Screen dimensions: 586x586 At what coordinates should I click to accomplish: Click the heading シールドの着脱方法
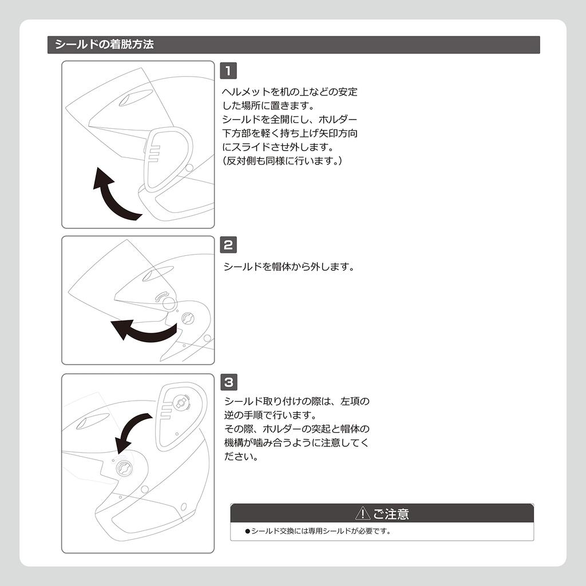coord(104,45)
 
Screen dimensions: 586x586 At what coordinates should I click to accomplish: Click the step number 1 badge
coord(228,71)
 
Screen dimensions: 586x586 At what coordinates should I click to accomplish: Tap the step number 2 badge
coord(228,245)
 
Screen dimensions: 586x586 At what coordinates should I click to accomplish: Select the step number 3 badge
coord(228,382)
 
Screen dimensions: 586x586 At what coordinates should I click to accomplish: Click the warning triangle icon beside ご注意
coord(362,513)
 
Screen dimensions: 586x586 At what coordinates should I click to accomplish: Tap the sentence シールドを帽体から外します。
coord(289,267)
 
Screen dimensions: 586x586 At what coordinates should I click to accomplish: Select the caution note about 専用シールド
coord(318,531)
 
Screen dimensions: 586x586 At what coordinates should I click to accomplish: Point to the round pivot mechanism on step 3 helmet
coord(123,468)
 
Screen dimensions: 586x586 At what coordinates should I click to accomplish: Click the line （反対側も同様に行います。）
coord(282,161)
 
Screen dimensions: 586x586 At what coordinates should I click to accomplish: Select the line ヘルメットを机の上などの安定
coord(290,92)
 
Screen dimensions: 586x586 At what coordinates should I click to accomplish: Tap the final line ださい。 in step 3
coord(239,457)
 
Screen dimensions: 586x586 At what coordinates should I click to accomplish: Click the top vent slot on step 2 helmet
coord(154,275)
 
